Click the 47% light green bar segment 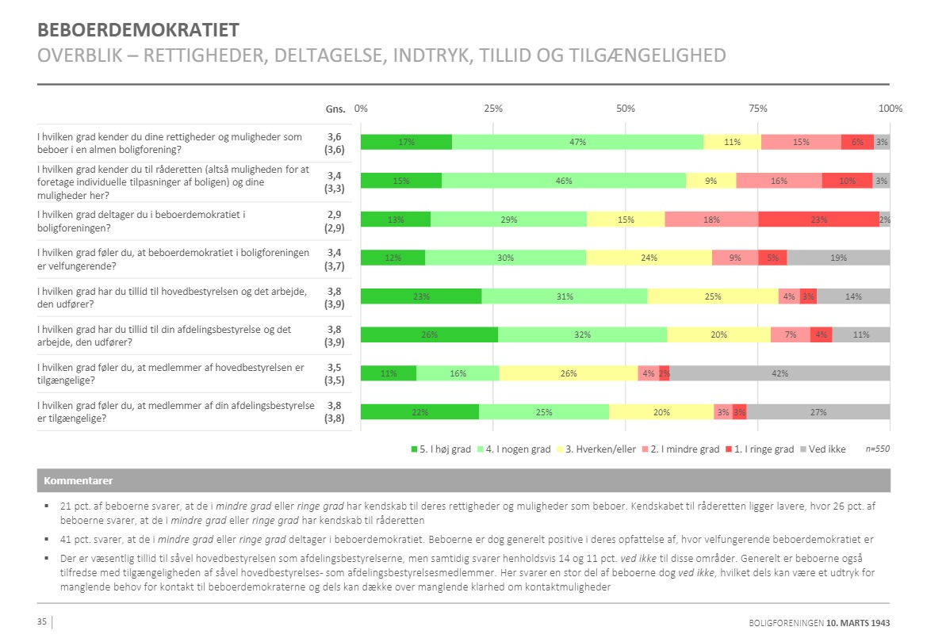point(577,142)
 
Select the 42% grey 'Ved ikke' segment point(780,373)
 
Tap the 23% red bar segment point(818,220)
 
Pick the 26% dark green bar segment point(429,334)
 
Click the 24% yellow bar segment point(649,258)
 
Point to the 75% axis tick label point(757,109)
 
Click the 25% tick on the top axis point(493,109)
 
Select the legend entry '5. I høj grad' point(440,449)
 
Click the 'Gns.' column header point(335,109)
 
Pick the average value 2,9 point(333,214)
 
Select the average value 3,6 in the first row point(333,136)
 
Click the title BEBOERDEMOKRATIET point(139,31)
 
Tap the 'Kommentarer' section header point(78,480)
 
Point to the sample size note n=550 point(876,449)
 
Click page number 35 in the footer point(42,621)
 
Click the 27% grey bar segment point(818,411)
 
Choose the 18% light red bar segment point(711,220)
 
